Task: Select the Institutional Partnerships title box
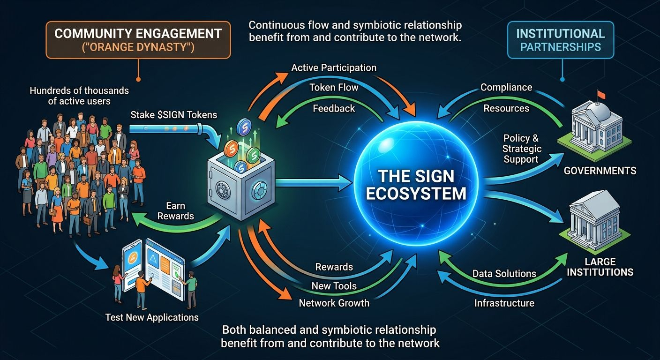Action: (561, 40)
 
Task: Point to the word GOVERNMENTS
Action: (600, 170)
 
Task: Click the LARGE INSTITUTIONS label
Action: (600, 267)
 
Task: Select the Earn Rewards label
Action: (176, 211)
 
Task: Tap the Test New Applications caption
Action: (152, 317)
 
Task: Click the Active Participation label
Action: (334, 67)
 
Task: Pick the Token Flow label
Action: (334, 88)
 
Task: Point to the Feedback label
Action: (334, 108)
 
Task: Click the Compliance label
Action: (506, 88)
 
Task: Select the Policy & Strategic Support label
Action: (522, 149)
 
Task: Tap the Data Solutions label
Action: (504, 274)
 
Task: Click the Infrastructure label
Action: (504, 303)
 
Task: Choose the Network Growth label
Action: (334, 303)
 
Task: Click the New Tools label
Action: (334, 285)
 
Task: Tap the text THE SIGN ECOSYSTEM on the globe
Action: (416, 185)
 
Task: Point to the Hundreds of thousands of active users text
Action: (79, 96)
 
